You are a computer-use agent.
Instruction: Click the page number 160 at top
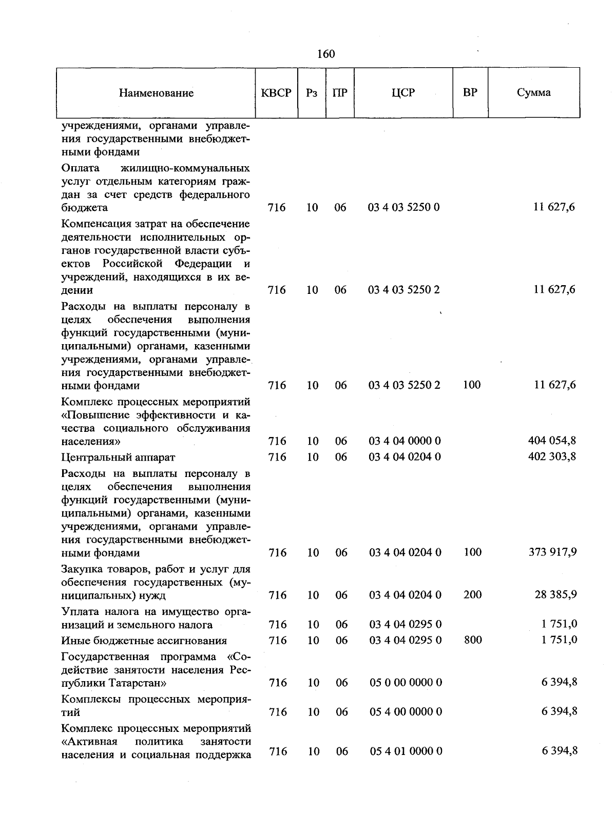(x=326, y=54)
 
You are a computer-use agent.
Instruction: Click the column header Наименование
(x=156, y=93)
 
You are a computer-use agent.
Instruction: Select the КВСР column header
(x=276, y=93)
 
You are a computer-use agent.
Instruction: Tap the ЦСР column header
(x=403, y=93)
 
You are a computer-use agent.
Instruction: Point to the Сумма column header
(x=533, y=93)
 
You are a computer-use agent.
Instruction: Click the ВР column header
(x=470, y=93)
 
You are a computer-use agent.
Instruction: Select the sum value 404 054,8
(x=552, y=440)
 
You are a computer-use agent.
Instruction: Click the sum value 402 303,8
(x=552, y=456)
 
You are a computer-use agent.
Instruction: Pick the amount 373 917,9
(x=552, y=552)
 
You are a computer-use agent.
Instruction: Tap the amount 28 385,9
(x=555, y=594)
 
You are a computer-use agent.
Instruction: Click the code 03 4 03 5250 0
(x=404, y=207)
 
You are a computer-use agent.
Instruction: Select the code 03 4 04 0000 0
(x=405, y=441)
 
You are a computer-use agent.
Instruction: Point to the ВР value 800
(x=472, y=640)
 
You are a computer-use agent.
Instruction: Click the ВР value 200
(x=472, y=594)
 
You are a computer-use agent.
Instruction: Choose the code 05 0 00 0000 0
(x=406, y=682)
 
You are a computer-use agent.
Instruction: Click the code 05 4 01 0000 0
(x=406, y=751)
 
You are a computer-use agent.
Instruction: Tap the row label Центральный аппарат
(x=118, y=457)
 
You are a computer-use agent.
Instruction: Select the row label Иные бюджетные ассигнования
(x=144, y=641)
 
